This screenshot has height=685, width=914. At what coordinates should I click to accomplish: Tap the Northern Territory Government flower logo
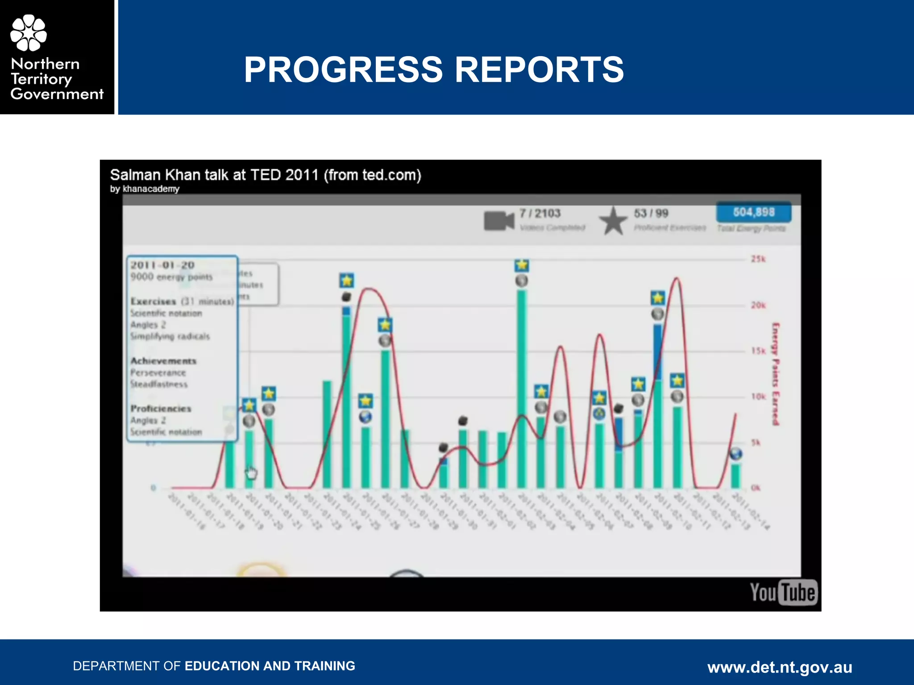(29, 33)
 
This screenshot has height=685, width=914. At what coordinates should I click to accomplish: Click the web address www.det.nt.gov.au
(779, 667)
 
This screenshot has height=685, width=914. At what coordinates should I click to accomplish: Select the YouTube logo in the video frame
(783, 593)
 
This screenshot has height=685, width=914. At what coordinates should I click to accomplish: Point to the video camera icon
(499, 220)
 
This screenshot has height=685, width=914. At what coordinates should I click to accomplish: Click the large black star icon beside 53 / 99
(613, 221)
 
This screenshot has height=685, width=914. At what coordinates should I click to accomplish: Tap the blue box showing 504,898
(753, 212)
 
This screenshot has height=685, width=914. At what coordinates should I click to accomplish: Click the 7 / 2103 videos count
(540, 213)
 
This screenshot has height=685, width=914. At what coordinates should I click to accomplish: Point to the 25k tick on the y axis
(758, 259)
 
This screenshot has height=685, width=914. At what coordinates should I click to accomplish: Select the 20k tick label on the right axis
(758, 305)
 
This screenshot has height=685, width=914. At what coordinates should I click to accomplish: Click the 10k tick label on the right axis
(758, 396)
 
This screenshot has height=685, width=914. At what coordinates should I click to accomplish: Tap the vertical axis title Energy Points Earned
(776, 374)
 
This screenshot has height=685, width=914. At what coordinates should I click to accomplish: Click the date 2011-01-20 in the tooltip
(162, 265)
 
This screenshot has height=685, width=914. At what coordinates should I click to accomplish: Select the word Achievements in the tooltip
(163, 361)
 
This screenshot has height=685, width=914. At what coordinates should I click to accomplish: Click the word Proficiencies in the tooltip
(161, 409)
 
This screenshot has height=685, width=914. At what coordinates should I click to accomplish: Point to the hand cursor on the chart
(251, 472)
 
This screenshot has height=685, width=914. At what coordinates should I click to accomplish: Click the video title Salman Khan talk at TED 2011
(266, 175)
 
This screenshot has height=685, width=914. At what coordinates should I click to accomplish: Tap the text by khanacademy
(145, 189)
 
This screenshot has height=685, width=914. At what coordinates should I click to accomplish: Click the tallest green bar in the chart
(521, 388)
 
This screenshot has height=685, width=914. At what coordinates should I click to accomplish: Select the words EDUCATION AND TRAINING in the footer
(270, 666)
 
